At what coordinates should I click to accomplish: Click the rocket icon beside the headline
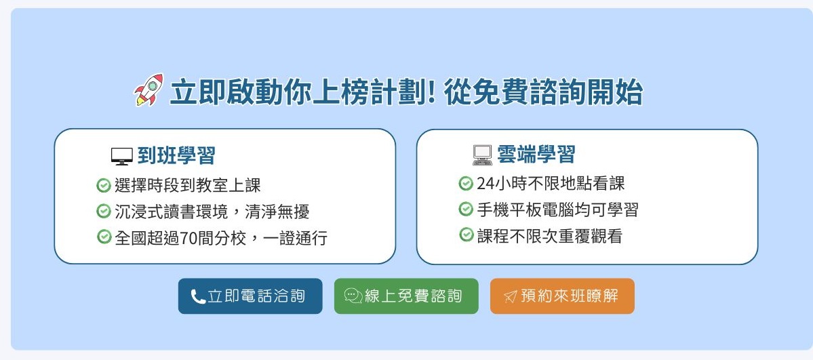pos(148,89)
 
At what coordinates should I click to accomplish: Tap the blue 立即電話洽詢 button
pos(250,296)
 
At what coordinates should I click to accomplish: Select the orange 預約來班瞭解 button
pos(562,296)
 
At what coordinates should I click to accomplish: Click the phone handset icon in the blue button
pos(198,297)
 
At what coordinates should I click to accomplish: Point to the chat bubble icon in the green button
pos(353,296)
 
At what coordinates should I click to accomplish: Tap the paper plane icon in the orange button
pos(510,296)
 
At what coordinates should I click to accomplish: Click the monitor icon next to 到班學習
pos(122,156)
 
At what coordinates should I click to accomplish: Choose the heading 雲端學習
pos(536,155)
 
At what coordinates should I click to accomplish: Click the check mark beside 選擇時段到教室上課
pos(104,185)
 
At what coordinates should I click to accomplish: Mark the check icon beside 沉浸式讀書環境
pos(104,211)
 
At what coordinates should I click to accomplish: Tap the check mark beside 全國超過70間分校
pos(104,237)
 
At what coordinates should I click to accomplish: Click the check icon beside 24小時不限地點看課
pos(466,183)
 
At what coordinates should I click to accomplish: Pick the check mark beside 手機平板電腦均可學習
pos(466,209)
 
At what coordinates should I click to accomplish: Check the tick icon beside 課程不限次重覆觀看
pos(467,235)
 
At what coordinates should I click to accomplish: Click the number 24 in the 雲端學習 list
pos(485,184)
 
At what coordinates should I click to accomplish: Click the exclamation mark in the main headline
pos(431,92)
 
